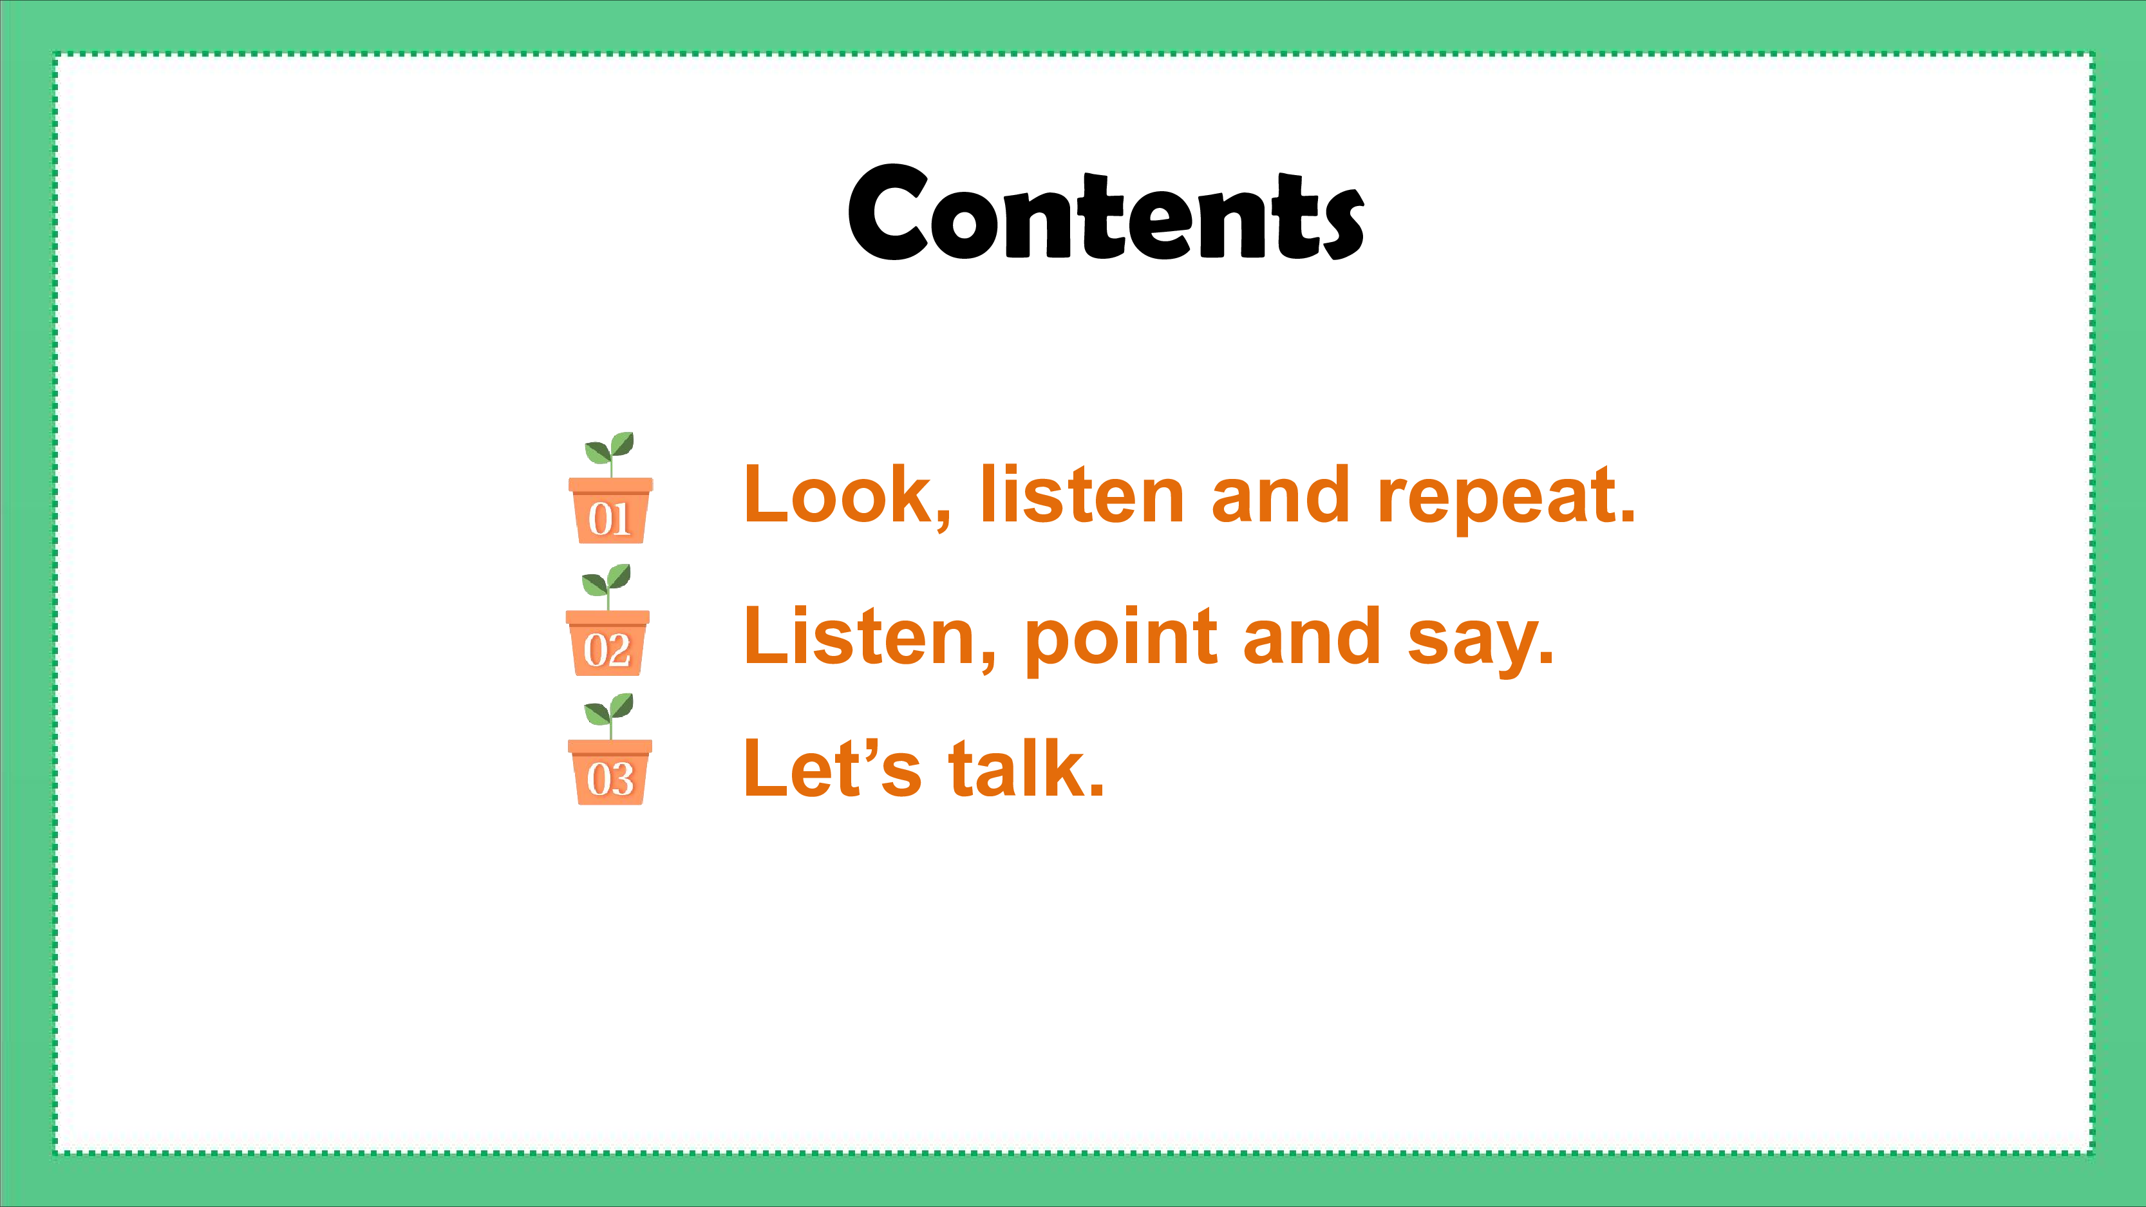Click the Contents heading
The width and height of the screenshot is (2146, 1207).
point(1106,212)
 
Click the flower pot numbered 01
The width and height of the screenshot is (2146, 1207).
point(610,510)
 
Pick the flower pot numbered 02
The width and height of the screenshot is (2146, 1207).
point(607,642)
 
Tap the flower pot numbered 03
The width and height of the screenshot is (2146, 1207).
point(610,772)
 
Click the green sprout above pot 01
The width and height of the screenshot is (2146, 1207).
point(610,453)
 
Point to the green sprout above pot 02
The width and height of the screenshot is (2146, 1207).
point(607,586)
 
